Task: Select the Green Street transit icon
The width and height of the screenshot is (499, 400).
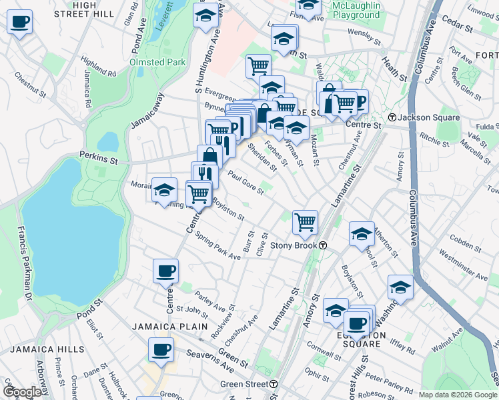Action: tap(274, 384)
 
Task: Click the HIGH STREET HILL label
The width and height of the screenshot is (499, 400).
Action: tap(93, 9)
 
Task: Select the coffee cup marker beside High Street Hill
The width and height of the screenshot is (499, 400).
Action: tap(20, 22)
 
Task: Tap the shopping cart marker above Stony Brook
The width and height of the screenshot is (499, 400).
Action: tap(305, 222)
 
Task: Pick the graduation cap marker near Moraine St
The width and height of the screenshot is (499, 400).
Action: tap(164, 191)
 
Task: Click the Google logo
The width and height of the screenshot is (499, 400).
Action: tap(23, 391)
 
